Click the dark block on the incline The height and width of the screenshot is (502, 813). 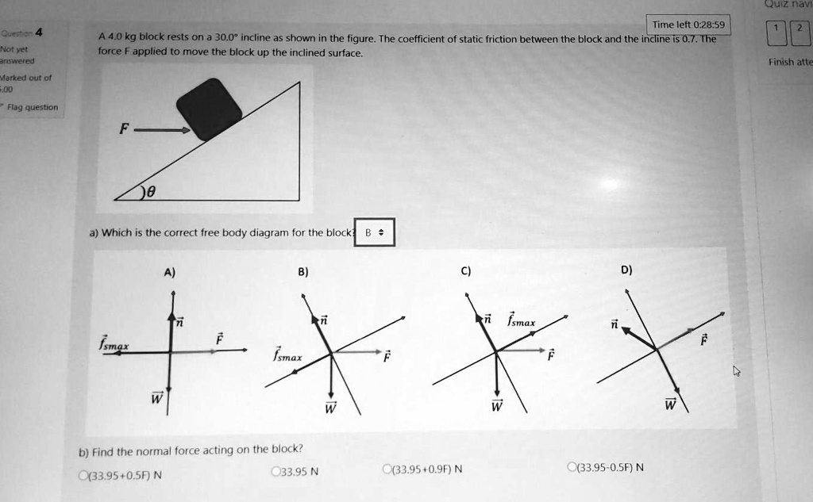click(209, 109)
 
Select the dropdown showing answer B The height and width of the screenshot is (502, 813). click(373, 233)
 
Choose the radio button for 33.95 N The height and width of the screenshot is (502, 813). click(275, 472)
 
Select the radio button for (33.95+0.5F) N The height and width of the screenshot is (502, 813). click(83, 476)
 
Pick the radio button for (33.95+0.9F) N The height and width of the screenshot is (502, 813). click(385, 469)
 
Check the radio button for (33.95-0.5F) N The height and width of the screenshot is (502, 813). click(572, 466)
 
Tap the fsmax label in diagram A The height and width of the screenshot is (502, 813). click(113, 342)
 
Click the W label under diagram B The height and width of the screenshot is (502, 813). click(331, 408)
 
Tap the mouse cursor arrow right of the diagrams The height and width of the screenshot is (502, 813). click(737, 370)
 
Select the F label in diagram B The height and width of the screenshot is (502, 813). click(387, 357)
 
